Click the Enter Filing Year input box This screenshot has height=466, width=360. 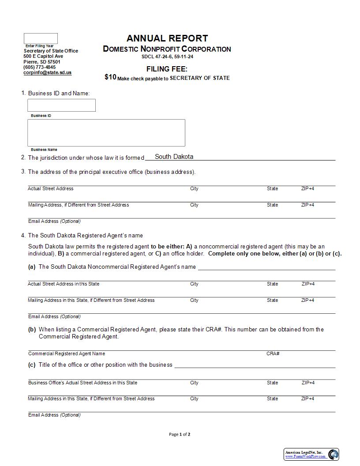click(x=41, y=38)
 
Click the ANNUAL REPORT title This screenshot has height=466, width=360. click(x=167, y=38)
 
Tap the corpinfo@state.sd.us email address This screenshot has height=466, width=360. click(x=48, y=72)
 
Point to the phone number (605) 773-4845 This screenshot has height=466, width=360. click(x=40, y=67)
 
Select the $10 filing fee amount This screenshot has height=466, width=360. click(x=110, y=77)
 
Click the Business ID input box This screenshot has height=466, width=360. click(x=61, y=105)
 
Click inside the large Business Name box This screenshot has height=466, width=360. click(x=106, y=132)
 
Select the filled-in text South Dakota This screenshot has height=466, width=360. click(x=174, y=157)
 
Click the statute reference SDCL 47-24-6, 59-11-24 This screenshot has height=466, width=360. click(x=167, y=57)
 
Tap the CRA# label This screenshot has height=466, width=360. click(x=273, y=353)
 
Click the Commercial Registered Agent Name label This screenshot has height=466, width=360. click(x=67, y=353)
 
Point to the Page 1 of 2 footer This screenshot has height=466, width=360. click(x=180, y=434)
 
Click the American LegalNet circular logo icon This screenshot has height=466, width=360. click(x=333, y=454)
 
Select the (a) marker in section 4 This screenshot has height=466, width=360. click(x=32, y=267)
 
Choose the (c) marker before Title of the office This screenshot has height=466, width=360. click(x=32, y=365)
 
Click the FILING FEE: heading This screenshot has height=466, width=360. click(x=167, y=69)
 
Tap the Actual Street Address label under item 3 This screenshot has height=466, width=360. click(x=51, y=188)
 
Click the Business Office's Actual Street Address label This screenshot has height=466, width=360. click(x=83, y=383)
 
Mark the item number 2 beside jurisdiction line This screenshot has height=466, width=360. click(x=23, y=158)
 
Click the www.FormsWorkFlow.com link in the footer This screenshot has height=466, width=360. click(x=305, y=456)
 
